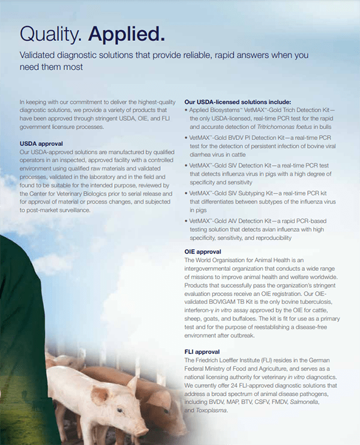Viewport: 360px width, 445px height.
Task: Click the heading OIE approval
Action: tap(203, 252)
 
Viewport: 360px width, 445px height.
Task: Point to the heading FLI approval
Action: tap(202, 351)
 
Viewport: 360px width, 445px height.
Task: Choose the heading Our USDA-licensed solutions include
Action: tap(238, 102)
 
